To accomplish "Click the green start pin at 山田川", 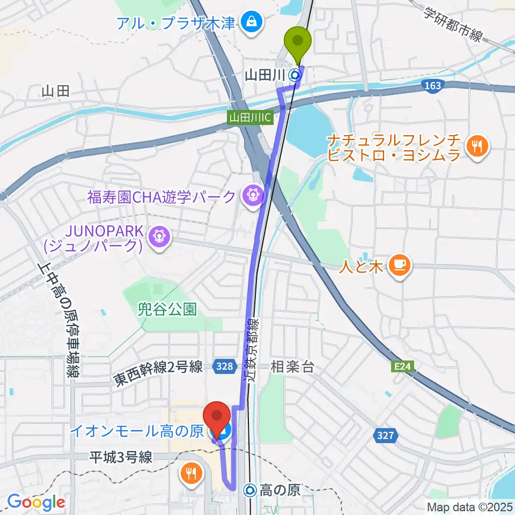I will [300, 40].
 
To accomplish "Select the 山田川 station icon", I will [295, 76].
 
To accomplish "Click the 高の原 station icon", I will [250, 489].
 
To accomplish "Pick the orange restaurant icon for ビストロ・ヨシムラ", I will [475, 145].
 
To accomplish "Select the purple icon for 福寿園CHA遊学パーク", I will [251, 196].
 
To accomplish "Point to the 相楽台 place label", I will [292, 367].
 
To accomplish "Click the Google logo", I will [36, 502].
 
